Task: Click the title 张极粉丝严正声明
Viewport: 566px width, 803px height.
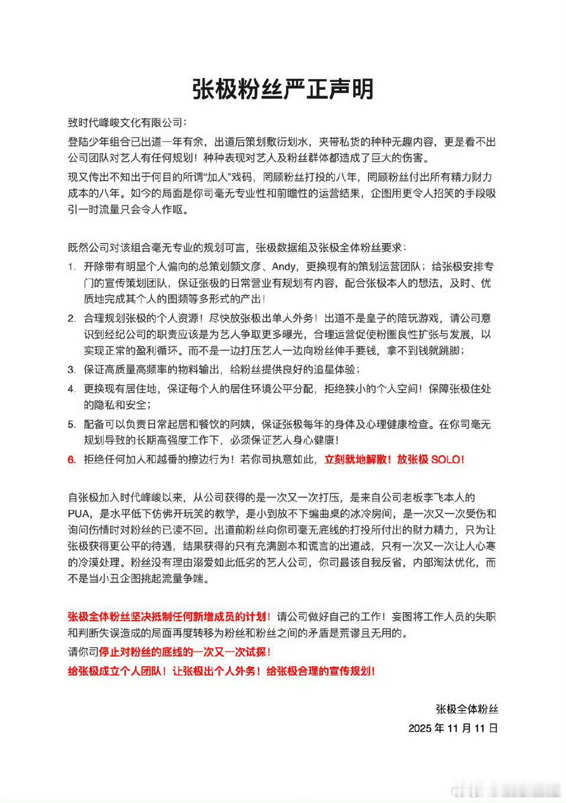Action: click(x=283, y=89)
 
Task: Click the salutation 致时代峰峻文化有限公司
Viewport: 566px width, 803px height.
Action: click(x=126, y=123)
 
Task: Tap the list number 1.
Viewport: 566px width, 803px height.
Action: click(x=71, y=267)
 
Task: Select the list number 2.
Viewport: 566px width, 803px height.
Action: click(x=71, y=318)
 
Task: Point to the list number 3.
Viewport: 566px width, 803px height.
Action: click(x=71, y=370)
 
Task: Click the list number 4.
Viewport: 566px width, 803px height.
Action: click(x=71, y=389)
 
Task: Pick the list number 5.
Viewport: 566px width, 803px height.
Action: click(x=71, y=424)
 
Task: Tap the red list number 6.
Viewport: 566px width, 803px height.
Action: click(x=71, y=460)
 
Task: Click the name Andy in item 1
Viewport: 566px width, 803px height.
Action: click(x=284, y=267)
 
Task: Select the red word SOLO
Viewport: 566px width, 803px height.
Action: click(x=447, y=459)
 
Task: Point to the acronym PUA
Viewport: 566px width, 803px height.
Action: click(x=79, y=514)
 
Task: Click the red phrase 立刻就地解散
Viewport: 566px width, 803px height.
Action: click(x=356, y=459)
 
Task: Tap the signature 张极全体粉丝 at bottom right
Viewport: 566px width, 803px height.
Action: click(x=467, y=709)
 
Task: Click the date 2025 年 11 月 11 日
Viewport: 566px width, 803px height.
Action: click(x=453, y=728)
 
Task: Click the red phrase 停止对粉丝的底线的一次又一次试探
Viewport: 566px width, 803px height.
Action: click(x=185, y=652)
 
